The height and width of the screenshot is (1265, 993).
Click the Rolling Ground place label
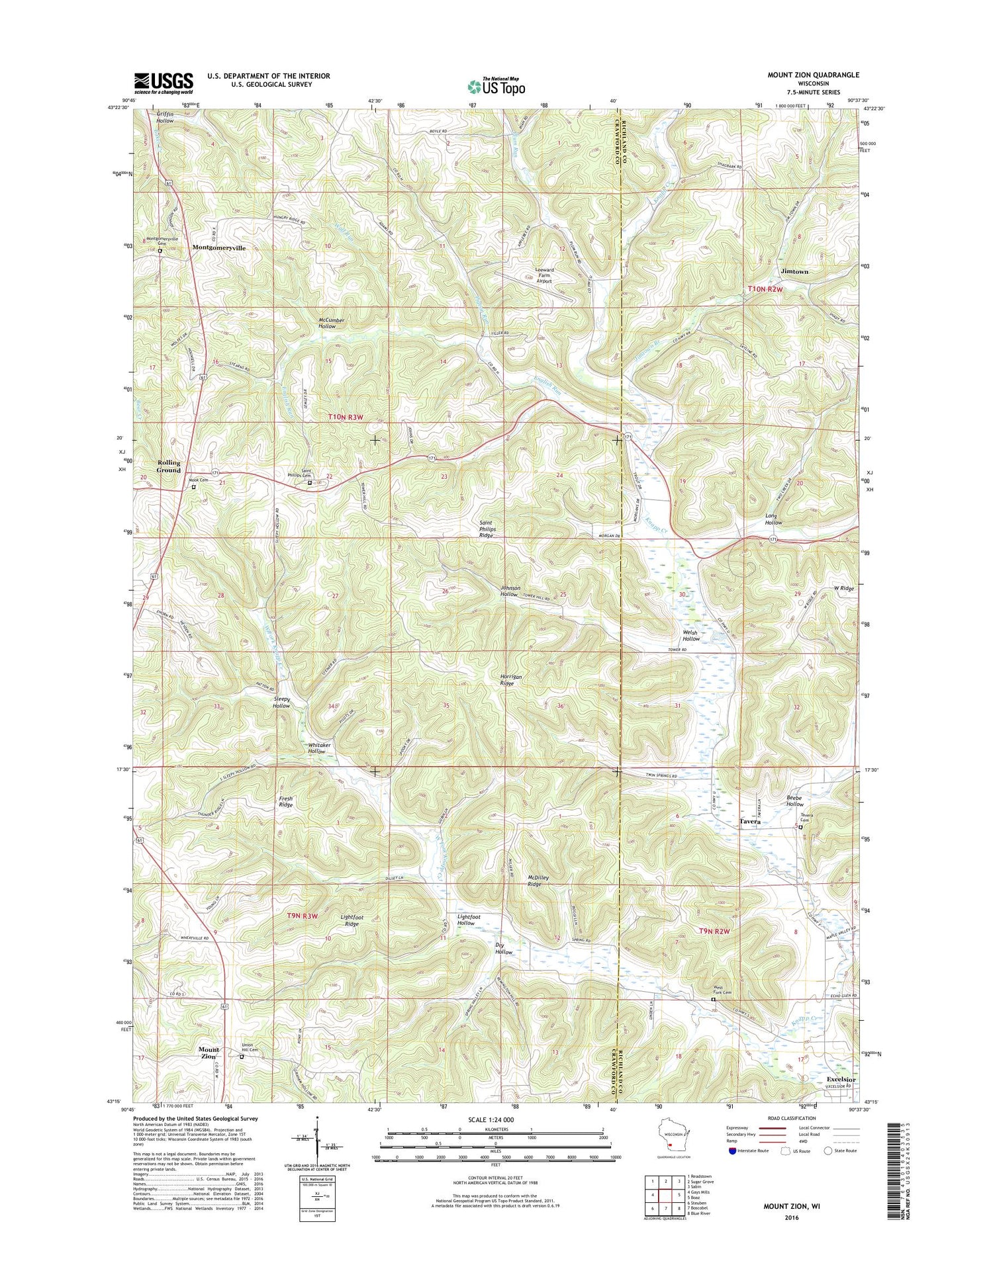click(168, 466)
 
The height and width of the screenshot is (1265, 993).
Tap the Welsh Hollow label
click(691, 636)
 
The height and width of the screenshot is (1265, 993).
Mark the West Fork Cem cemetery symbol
click(713, 1000)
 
